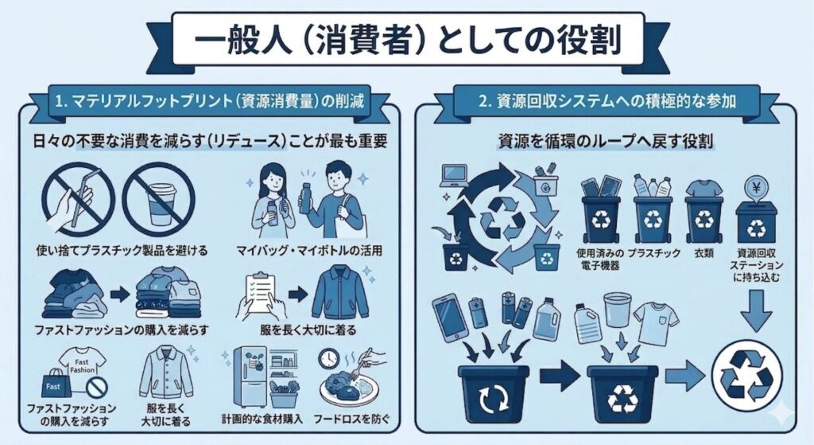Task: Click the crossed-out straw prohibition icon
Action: click(x=78, y=199)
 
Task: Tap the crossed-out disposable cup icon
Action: click(x=158, y=199)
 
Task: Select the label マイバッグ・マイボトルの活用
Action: click(x=309, y=251)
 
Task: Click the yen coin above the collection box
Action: click(x=756, y=188)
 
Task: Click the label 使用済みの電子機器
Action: click(x=599, y=260)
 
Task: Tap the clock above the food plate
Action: click(x=328, y=359)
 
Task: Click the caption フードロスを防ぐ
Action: click(x=351, y=419)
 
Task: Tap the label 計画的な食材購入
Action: click(x=262, y=419)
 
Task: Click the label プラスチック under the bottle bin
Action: click(x=653, y=254)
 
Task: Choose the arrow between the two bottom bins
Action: click(x=560, y=375)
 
